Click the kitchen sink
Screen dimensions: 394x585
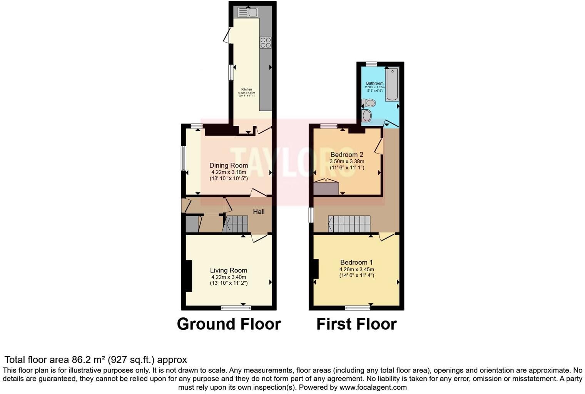pos(248,12)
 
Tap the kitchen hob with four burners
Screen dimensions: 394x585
pos(266,42)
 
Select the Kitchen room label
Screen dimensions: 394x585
pos(247,89)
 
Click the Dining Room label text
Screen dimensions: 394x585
pos(229,165)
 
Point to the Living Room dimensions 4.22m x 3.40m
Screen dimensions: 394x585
pos(229,277)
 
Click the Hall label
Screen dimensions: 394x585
pos(259,212)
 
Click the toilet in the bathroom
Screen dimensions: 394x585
pos(369,103)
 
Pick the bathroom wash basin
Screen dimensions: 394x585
pos(367,115)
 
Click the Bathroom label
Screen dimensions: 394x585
pos(374,83)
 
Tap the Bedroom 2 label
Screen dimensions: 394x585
pos(347,155)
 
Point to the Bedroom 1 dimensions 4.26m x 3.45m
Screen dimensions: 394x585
pos(356,269)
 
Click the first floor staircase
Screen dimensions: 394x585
pos(349,224)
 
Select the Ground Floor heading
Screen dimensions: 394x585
pos(229,324)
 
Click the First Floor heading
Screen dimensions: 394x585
pos(356,324)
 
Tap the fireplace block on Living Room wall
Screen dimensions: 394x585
pos(188,276)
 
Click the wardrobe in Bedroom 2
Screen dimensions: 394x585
pos(326,189)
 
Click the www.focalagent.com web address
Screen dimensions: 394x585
pos(373,387)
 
